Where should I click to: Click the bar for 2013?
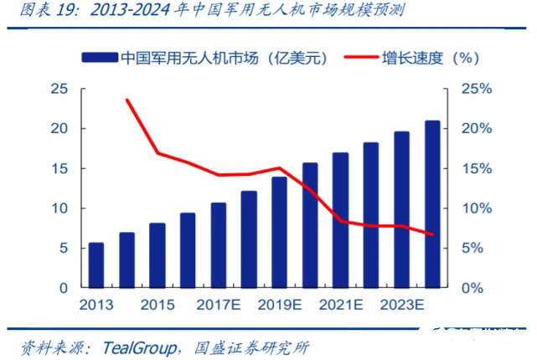(x=96, y=265)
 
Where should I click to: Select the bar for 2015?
(x=157, y=255)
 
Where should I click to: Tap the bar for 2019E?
(x=279, y=232)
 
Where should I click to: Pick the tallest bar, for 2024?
(x=431, y=203)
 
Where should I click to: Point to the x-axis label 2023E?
(x=400, y=305)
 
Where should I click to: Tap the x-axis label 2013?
(x=96, y=305)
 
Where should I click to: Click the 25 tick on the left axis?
(x=59, y=89)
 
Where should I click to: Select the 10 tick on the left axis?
(x=59, y=208)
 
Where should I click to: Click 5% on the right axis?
(x=473, y=248)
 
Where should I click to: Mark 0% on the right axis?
(x=473, y=288)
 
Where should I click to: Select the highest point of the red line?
(x=127, y=100)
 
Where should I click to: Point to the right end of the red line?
(x=432, y=234)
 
